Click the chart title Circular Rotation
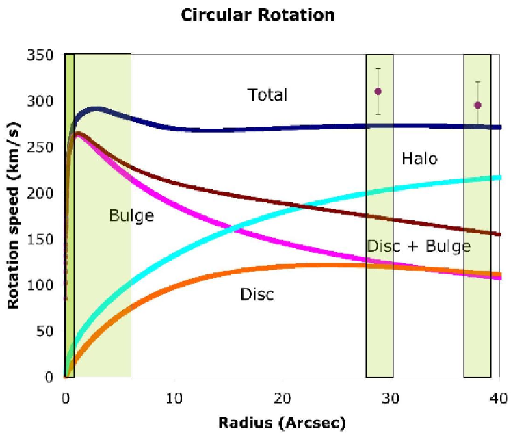[257, 14]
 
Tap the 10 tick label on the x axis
[174, 395]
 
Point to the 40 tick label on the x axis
[499, 395]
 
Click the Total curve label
[267, 94]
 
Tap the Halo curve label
[419, 159]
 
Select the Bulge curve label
[131, 216]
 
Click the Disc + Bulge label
[419, 246]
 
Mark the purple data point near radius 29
[378, 91]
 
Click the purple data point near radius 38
[477, 105]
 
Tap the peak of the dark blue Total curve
[96, 109]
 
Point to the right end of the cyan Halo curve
[498, 178]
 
